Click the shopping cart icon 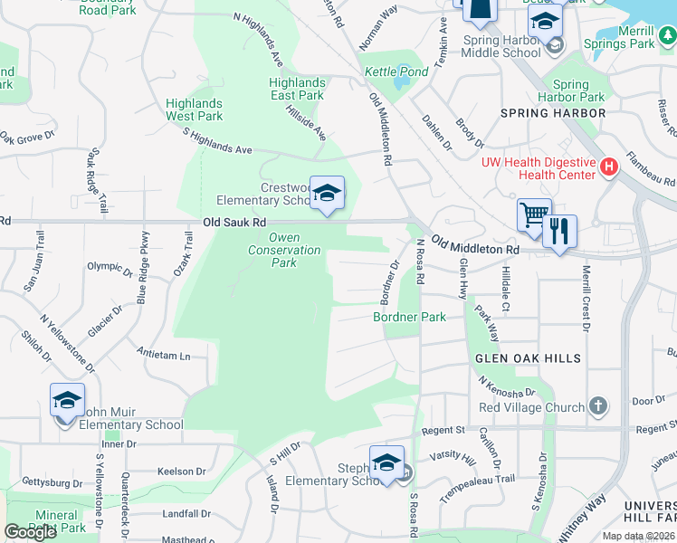pos(534,214)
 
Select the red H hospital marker pos(609,167)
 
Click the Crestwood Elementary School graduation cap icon pos(328,192)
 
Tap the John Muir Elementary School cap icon pos(67,399)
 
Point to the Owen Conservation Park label pos(284,250)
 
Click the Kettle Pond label pos(396,72)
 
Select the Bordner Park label pos(409,318)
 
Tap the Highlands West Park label pos(194,110)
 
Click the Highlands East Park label pos(297,89)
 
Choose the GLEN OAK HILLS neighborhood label pos(529,359)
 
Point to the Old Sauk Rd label pos(234,222)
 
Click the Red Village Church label pos(531,407)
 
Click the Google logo pos(31,531)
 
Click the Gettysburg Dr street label pos(51,483)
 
